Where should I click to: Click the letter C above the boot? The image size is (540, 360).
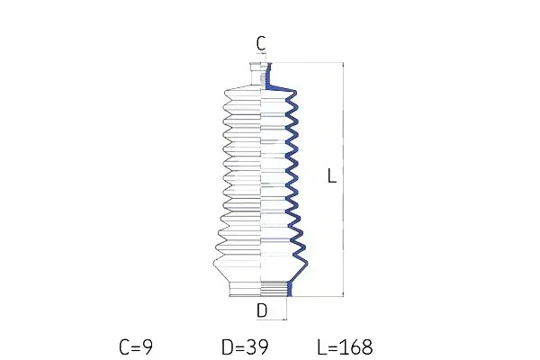pos(261,43)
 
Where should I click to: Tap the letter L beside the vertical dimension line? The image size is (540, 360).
pos(332,175)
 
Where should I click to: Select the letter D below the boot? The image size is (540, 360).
pos(262,310)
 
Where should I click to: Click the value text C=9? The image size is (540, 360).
pos(136,346)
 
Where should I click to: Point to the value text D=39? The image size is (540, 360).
pos(245,346)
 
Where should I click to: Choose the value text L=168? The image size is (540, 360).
pos(345,346)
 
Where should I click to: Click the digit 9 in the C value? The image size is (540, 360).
pos(148,346)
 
